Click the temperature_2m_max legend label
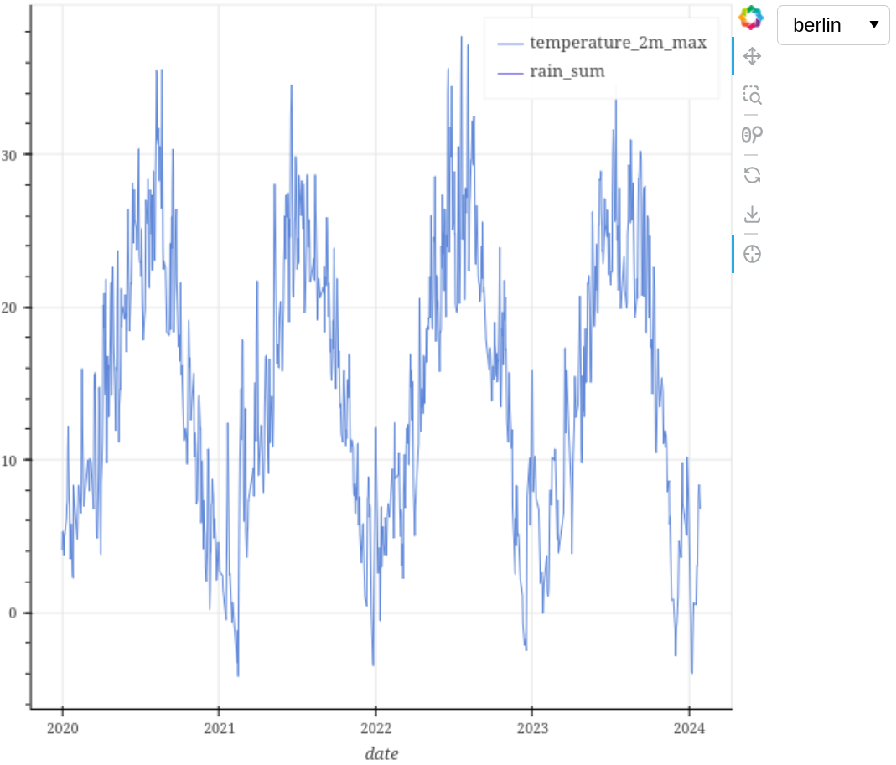click(618, 43)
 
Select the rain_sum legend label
click(567, 72)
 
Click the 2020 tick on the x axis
click(62, 727)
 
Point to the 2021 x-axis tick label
click(219, 727)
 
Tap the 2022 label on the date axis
click(375, 727)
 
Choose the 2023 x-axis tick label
click(531, 727)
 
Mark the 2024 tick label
click(689, 727)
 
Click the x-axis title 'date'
click(381, 753)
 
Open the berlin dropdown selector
click(833, 25)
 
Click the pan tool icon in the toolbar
click(752, 56)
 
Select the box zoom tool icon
click(752, 95)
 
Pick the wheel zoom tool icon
click(752, 134)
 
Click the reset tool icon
click(752, 174)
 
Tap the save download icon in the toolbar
click(752, 215)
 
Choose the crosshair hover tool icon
click(752, 254)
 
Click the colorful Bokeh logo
click(752, 17)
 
